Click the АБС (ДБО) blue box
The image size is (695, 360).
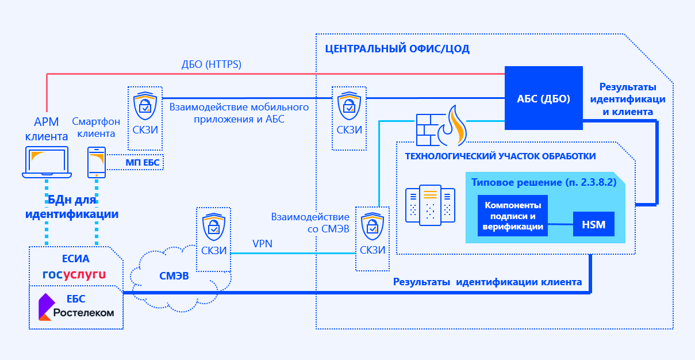point(543,98)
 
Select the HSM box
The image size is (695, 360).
point(594,224)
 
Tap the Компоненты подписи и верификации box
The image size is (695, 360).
point(513,216)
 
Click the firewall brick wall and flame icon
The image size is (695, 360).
point(441,125)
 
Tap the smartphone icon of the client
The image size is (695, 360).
point(96,162)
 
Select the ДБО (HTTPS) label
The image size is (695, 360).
point(212,64)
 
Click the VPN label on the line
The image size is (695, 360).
point(262,244)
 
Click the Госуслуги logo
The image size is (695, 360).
point(75,274)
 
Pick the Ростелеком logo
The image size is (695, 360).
point(75,308)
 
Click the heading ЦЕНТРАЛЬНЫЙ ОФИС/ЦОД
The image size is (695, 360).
point(397,49)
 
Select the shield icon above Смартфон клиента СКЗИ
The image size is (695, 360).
point(144,104)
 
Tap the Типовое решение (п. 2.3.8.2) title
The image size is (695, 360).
point(543,183)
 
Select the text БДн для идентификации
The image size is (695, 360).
point(72,207)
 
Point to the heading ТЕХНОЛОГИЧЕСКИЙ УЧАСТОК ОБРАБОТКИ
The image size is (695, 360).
point(500,156)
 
